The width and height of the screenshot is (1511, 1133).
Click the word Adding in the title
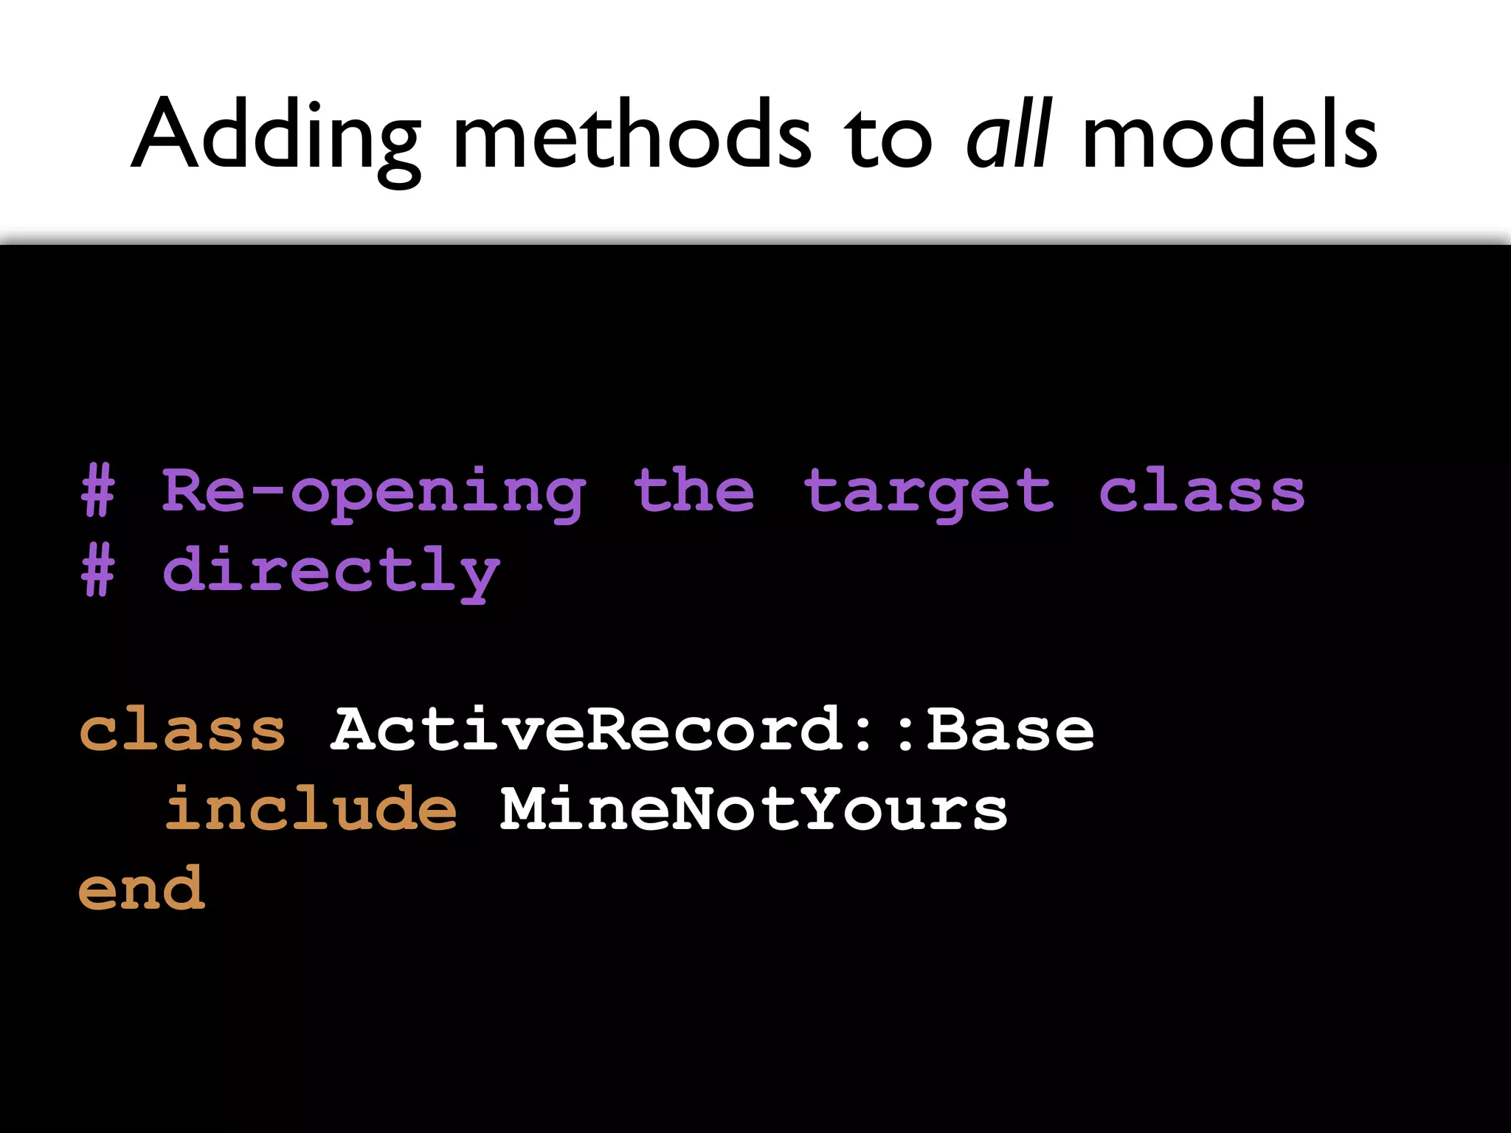(x=276, y=136)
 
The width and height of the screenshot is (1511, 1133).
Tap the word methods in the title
(x=632, y=136)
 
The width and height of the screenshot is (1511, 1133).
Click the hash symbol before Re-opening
(x=98, y=491)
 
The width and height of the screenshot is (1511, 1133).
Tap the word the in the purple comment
(x=694, y=491)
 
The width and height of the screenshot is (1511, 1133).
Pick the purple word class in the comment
(x=1202, y=491)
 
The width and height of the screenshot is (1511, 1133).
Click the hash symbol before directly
(x=98, y=570)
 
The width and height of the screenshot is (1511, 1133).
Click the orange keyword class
(x=182, y=730)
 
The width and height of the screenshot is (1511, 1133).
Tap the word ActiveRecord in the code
(x=587, y=730)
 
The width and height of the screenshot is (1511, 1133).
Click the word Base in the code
(x=1010, y=730)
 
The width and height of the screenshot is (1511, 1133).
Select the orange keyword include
(x=311, y=808)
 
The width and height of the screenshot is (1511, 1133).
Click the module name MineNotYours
(x=753, y=809)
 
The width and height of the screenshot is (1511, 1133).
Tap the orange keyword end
(x=141, y=888)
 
